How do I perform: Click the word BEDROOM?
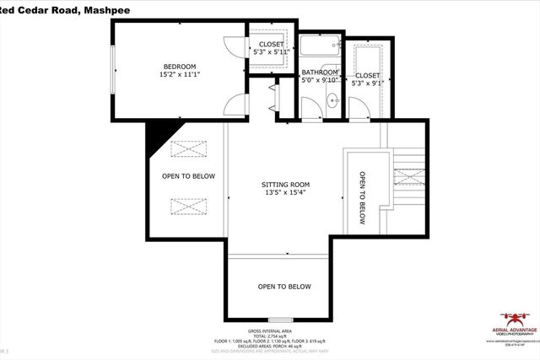[x=180, y=67]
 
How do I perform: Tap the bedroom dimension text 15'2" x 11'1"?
[x=180, y=75]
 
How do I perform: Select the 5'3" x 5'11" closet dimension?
[x=271, y=52]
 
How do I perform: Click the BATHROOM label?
[x=321, y=73]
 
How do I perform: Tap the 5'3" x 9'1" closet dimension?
[x=368, y=83]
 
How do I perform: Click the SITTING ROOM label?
[x=285, y=184]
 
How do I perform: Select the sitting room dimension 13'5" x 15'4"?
[x=285, y=193]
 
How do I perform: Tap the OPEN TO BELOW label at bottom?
[x=284, y=287]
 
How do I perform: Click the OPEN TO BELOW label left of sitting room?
[x=189, y=176]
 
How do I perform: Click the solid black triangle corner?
[x=156, y=135]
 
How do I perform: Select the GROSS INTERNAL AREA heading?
[x=269, y=331]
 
